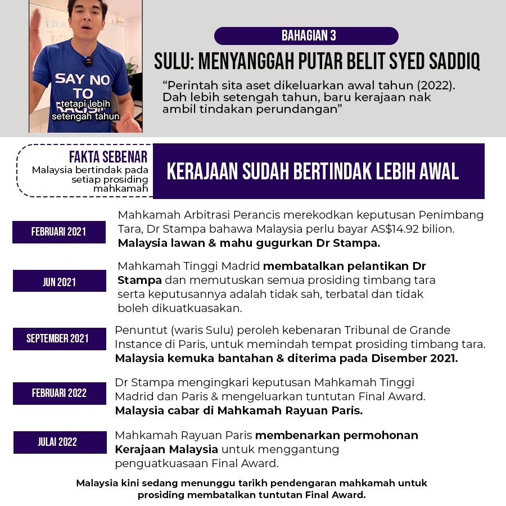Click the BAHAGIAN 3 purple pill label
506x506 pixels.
[306, 36]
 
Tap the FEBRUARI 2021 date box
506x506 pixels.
[59, 232]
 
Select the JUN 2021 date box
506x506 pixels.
[59, 282]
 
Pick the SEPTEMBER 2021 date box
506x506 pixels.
[58, 338]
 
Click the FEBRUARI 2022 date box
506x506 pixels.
[59, 393]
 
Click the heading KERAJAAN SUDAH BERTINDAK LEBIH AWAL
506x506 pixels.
[313, 171]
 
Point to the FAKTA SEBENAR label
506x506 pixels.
[108, 157]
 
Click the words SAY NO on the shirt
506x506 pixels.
[82, 78]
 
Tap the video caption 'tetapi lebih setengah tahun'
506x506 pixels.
[85, 110]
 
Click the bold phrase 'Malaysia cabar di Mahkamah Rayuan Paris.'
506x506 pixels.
[238, 410]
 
